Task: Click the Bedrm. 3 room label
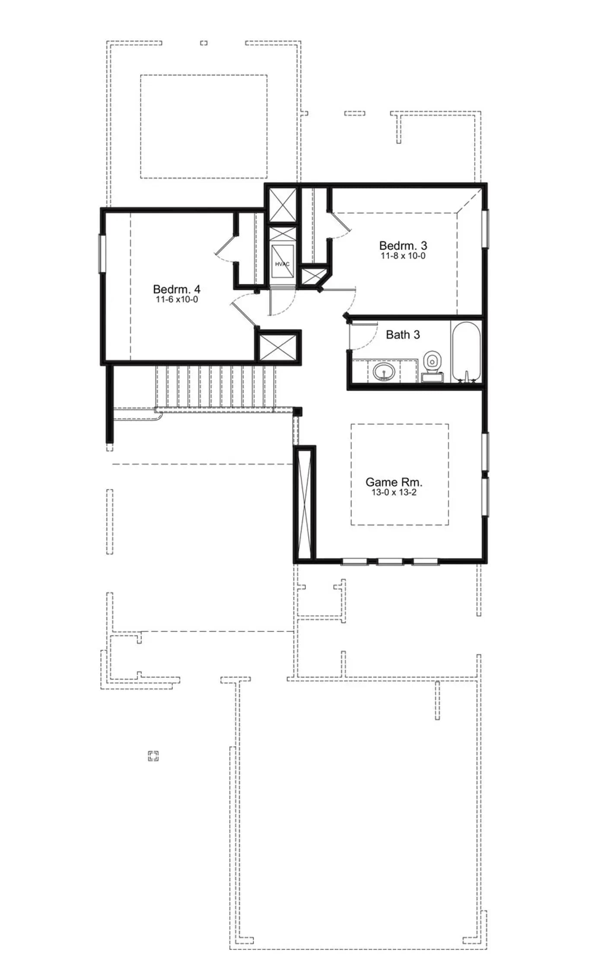(403, 245)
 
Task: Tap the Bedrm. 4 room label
(177, 289)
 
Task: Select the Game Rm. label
(394, 482)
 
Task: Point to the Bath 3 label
(403, 334)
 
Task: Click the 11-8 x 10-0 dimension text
(403, 256)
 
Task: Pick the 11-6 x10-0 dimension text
(177, 299)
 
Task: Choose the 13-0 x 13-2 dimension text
(394, 492)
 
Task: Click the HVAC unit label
(282, 264)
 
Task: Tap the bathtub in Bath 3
(466, 352)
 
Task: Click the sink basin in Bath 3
(383, 371)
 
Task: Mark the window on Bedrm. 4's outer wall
(102, 254)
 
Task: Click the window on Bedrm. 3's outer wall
(486, 229)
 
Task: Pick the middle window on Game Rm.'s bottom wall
(390, 562)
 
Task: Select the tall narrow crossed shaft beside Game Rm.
(305, 504)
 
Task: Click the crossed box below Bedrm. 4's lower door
(278, 346)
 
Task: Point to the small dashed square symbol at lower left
(153, 756)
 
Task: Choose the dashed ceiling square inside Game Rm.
(400, 474)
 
